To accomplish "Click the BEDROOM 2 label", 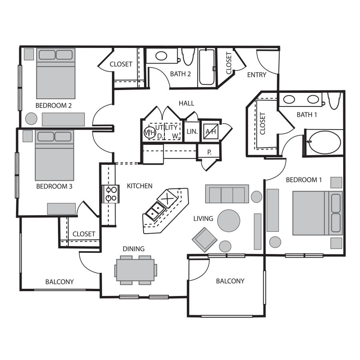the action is (x=54, y=106).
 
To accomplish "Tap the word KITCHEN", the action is (x=140, y=186).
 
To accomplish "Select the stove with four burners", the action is (x=111, y=194).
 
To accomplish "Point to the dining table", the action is (x=136, y=270).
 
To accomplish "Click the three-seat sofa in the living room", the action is (x=227, y=194).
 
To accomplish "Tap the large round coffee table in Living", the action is (x=229, y=221).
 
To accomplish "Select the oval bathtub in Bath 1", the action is (x=324, y=142).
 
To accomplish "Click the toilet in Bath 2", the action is (x=188, y=56).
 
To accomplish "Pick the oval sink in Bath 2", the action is (x=161, y=56).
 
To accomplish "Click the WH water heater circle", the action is (x=150, y=132).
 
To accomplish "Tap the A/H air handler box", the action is (x=211, y=132).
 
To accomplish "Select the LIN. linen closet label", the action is (x=192, y=132).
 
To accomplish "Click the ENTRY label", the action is (x=257, y=75).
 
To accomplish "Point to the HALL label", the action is (x=186, y=103).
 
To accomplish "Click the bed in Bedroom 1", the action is (x=318, y=213).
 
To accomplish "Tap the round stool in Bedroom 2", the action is (x=31, y=118).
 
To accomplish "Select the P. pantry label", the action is (x=209, y=152).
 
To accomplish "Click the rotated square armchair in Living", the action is (x=204, y=240).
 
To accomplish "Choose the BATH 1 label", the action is (x=307, y=114).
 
